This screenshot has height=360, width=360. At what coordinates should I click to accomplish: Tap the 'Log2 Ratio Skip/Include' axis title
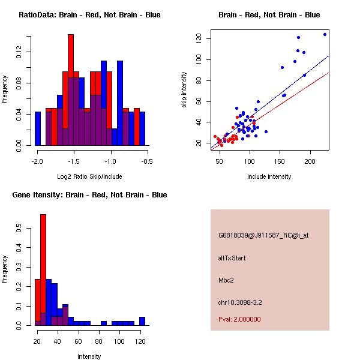pos(89,177)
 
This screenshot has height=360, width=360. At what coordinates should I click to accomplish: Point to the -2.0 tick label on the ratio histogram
pos(37,161)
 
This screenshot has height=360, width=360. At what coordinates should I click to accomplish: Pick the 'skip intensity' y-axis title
pos(184,90)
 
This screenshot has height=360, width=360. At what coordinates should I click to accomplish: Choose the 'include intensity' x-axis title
pos(269,177)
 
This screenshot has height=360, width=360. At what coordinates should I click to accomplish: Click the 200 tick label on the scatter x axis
pos(310,161)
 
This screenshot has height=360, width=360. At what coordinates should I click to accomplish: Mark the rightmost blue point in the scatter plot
pos(325,34)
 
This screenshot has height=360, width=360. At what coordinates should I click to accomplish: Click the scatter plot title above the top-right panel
pos(269,15)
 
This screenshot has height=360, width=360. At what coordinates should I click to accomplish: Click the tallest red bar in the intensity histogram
pos(43,270)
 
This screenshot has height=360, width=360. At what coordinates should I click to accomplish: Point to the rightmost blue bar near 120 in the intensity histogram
pos(142,321)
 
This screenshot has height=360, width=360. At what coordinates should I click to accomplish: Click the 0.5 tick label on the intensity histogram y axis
pos(19,229)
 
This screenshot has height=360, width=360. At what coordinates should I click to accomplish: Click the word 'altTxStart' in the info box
pos(232,258)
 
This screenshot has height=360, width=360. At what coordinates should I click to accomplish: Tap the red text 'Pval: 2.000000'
pos(239,320)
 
